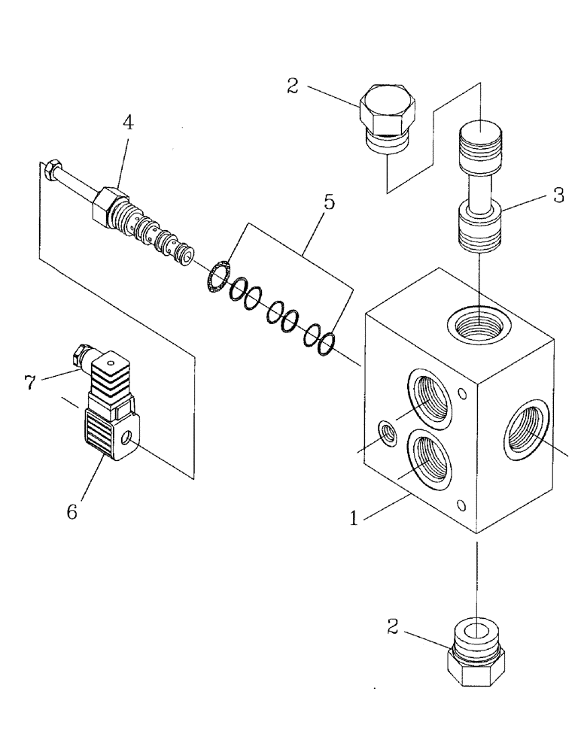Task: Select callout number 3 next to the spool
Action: click(x=558, y=196)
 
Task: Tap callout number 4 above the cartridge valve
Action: click(x=129, y=123)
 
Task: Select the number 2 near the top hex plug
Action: click(x=293, y=86)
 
